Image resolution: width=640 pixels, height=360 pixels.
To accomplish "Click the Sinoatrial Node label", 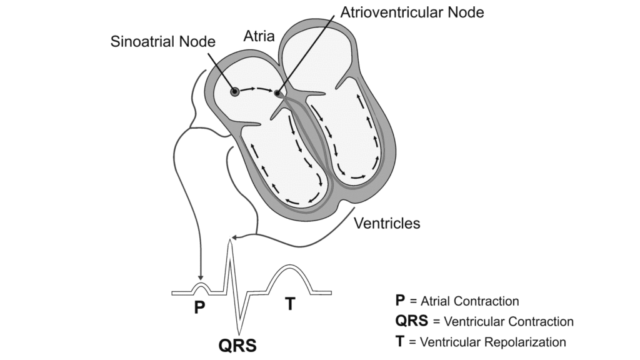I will (162, 42).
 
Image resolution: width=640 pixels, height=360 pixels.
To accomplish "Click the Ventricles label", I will (387, 222).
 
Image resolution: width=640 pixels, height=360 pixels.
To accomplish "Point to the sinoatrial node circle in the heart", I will (235, 92).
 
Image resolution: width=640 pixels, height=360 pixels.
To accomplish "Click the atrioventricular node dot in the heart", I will (277, 94).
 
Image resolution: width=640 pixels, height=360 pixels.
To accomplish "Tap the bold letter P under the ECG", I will (199, 307).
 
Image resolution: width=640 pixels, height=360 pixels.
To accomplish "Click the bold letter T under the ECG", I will (290, 304).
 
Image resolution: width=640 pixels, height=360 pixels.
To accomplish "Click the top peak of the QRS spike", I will (231, 242).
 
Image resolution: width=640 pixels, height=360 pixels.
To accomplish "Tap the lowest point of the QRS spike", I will (237, 331).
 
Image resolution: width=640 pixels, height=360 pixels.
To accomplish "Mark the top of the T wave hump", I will (288, 266).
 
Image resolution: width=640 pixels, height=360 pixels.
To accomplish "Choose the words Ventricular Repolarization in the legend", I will (493, 342).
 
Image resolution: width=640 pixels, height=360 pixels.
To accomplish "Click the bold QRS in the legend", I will (411, 321).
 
